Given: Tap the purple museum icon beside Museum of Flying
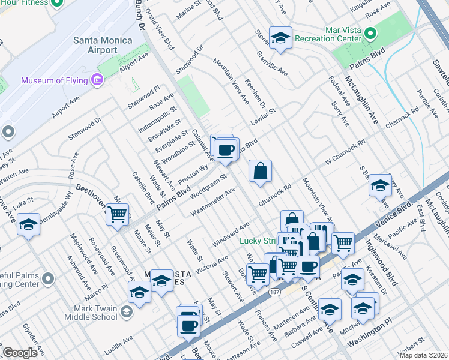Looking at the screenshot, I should [x=96, y=80].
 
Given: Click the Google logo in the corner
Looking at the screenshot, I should [x=20, y=353].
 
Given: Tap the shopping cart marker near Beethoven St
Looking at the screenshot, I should [x=118, y=214].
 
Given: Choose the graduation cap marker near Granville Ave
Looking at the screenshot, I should [x=280, y=38].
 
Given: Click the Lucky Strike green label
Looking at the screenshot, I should [x=258, y=241].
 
